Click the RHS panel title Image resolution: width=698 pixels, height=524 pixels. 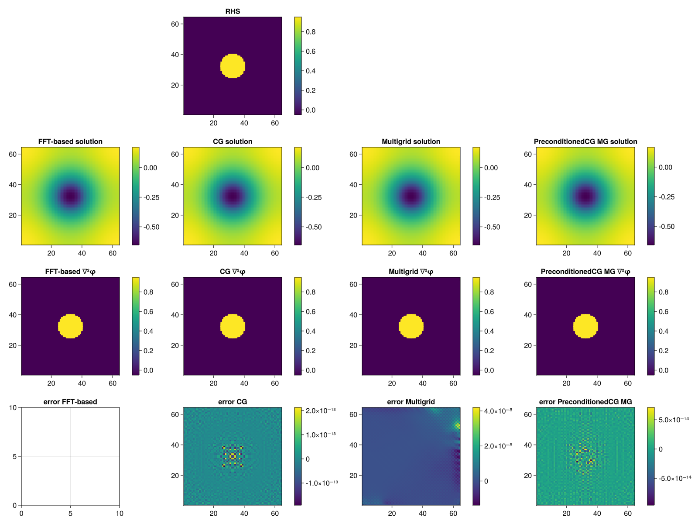pyautogui.click(x=233, y=11)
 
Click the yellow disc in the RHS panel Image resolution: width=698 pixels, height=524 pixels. pyautogui.click(x=233, y=66)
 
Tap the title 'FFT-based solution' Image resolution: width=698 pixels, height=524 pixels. pyautogui.click(x=70, y=141)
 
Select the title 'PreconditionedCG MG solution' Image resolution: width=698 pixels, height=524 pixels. pyautogui.click(x=585, y=141)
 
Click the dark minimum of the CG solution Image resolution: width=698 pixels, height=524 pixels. pyautogui.click(x=233, y=196)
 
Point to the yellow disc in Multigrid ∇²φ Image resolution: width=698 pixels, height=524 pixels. pyautogui.click(x=411, y=326)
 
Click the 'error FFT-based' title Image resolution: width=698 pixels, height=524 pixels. pyautogui.click(x=70, y=402)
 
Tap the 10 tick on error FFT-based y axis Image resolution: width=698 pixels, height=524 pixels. pyautogui.click(x=13, y=407)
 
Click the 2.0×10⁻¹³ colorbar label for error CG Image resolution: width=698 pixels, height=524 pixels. pyautogui.click(x=321, y=410)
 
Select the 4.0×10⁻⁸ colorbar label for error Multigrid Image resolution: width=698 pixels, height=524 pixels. pyautogui.click(x=498, y=411)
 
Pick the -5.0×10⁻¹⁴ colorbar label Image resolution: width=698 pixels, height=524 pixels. pyautogui.click(x=675, y=478)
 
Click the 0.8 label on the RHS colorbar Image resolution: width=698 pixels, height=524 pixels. pyautogui.click(x=310, y=32)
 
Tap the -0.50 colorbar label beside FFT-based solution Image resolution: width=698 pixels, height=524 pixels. pyautogui.click(x=151, y=227)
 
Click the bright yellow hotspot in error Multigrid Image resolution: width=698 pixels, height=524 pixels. pyautogui.click(x=457, y=425)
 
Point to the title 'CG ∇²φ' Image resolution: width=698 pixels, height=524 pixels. pyautogui.click(x=233, y=272)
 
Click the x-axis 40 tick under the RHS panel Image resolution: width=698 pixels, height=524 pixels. pyautogui.click(x=244, y=123)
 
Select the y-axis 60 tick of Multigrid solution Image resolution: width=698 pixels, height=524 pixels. pyautogui.click(x=353, y=154)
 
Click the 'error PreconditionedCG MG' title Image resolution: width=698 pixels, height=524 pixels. pyautogui.click(x=585, y=402)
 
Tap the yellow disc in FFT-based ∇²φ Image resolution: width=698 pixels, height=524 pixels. pyautogui.click(x=70, y=326)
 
